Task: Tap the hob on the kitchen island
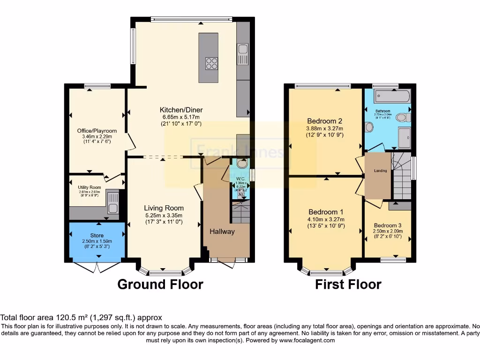point(211,63)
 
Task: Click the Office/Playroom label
point(97,131)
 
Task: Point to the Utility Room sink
point(112,202)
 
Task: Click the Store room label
point(97,235)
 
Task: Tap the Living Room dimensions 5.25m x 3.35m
point(164,216)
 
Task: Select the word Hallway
point(222,232)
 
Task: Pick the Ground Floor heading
point(160,284)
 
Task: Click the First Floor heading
point(348,284)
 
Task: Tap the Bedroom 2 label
point(325,120)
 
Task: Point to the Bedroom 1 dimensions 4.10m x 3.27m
point(326,219)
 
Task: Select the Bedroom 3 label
point(388,225)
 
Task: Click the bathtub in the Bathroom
point(392,97)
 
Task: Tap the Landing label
point(381,171)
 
